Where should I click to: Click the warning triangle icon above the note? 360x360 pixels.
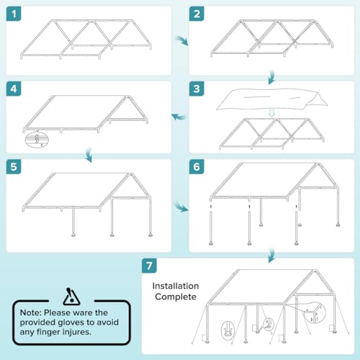[x=69, y=297]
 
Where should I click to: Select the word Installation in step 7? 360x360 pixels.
[x=176, y=286]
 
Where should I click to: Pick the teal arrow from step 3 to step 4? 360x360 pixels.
[x=176, y=115]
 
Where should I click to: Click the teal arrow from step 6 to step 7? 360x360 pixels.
[x=271, y=255]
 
